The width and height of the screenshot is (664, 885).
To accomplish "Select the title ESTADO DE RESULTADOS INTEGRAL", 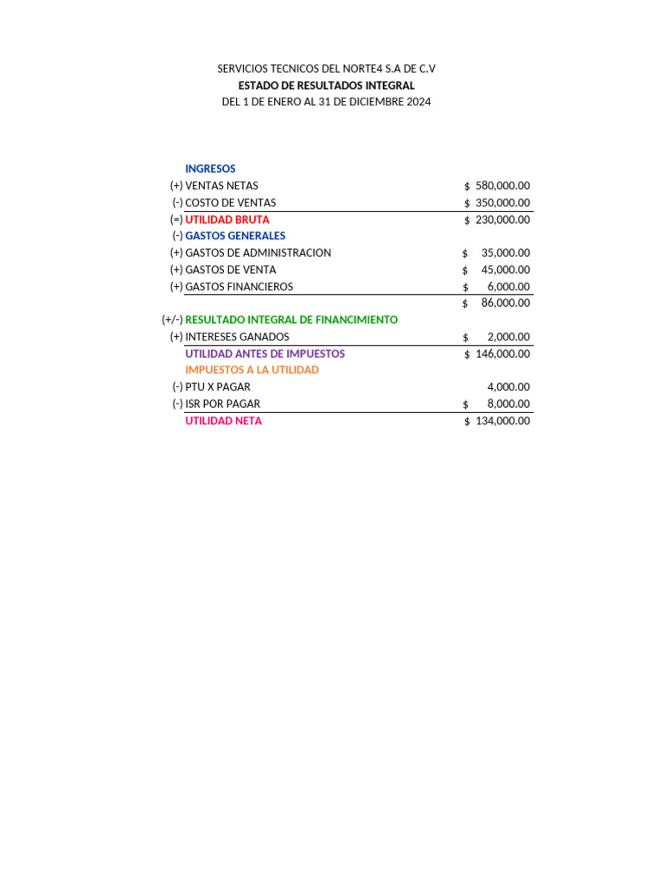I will (x=326, y=86).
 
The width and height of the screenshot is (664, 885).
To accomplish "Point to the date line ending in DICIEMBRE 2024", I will (x=326, y=102).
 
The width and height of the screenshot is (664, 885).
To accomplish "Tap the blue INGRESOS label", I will (x=210, y=169).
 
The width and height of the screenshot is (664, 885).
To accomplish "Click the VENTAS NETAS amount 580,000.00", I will (x=502, y=186).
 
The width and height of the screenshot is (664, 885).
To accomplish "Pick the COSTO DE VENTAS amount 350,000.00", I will (x=502, y=202).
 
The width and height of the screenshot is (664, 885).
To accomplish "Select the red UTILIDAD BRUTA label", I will (x=227, y=220).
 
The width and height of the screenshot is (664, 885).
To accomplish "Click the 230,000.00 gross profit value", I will (x=502, y=220).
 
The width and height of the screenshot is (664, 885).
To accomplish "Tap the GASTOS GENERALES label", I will (x=235, y=236).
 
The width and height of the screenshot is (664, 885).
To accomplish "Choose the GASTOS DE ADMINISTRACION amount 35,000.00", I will (x=505, y=253).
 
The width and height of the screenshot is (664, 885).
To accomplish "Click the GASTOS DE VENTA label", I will (x=231, y=270).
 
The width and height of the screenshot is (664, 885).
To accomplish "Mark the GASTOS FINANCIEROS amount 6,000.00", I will (x=508, y=287).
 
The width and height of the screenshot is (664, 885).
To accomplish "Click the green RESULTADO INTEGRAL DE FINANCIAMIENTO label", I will (x=291, y=320).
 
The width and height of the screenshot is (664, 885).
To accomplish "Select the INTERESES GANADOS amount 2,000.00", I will (x=508, y=337).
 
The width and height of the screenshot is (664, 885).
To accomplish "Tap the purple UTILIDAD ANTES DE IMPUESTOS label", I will (x=265, y=353).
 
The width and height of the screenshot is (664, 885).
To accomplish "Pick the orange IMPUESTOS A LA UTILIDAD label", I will (x=252, y=370).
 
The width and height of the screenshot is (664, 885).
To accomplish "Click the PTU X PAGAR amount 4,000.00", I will (x=508, y=387).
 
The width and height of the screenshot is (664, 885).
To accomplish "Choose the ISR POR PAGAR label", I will (x=222, y=404).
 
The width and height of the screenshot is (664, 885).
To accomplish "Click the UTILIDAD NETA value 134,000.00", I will (x=502, y=421).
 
